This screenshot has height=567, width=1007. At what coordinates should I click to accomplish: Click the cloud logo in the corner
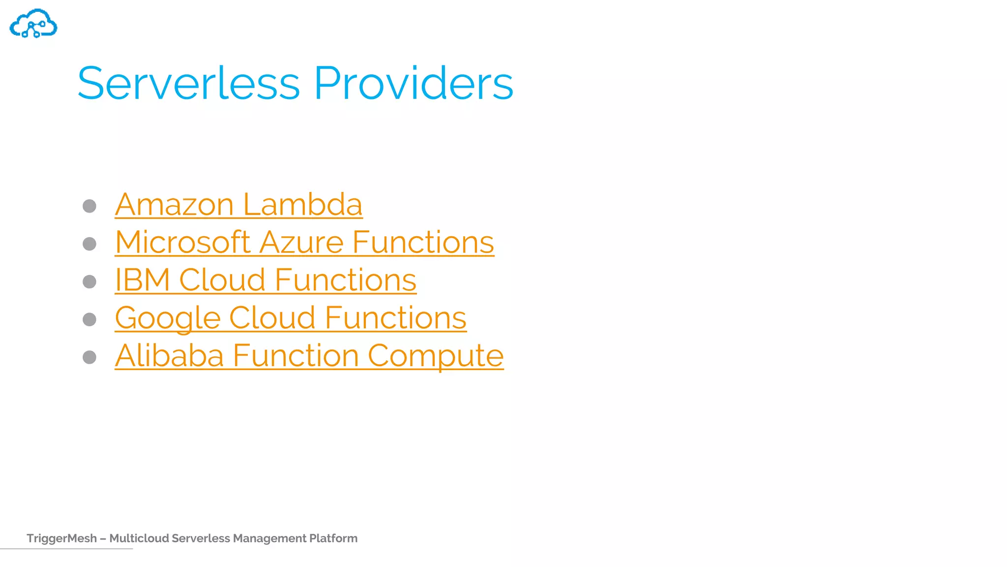point(33,23)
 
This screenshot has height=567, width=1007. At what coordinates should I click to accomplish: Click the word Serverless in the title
point(188,83)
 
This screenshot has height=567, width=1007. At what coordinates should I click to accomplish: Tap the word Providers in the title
point(414,83)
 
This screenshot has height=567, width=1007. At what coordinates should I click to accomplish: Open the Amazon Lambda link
point(238,204)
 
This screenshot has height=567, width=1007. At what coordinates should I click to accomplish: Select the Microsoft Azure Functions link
point(304,242)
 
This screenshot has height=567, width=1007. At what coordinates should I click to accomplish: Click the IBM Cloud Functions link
point(266,280)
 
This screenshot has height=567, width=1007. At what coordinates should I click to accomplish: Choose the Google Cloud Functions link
point(291,318)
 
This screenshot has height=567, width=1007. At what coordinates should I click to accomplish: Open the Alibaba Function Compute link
point(309,355)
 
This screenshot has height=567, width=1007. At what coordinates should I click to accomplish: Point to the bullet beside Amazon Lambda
point(89,206)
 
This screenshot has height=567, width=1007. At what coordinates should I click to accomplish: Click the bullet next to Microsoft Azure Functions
point(89,244)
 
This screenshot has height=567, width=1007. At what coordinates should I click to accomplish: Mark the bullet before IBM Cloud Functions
point(89,282)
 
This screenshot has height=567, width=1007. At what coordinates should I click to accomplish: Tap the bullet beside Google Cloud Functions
point(89,319)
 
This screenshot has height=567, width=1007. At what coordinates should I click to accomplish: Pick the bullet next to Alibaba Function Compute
point(89,357)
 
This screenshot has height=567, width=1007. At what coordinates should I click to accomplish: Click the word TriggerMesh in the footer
point(61,538)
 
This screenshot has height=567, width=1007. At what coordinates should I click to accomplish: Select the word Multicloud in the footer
point(139,538)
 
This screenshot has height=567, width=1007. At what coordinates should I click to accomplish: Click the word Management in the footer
point(269,538)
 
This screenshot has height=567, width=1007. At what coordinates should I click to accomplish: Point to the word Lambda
point(302,204)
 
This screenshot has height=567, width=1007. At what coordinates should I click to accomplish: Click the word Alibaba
point(169,355)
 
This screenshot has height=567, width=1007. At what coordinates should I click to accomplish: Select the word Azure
point(301,242)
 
